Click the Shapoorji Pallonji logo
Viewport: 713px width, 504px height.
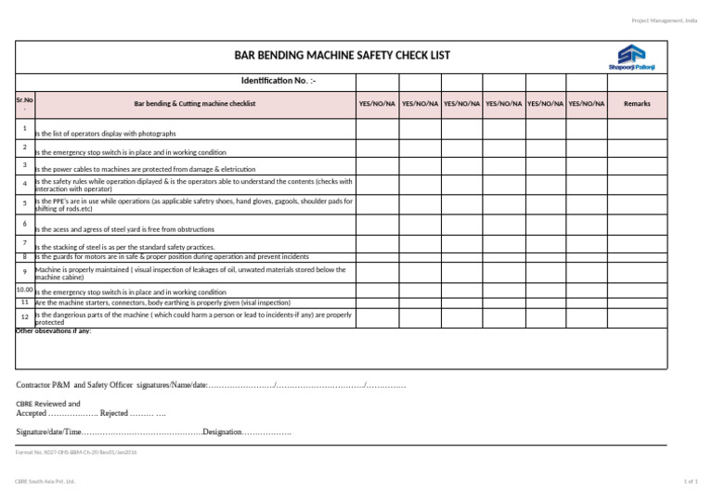tap(631, 56)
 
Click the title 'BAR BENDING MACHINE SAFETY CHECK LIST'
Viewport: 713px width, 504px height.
tap(343, 56)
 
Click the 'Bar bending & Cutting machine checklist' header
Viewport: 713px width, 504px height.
tap(195, 105)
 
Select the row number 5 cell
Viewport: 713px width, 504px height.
tap(25, 202)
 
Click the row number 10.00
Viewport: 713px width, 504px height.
tap(25, 290)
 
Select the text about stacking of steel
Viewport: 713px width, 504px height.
tap(125, 248)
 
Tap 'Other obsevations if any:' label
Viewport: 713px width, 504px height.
tap(54, 331)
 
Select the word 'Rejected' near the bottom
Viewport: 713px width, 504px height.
tap(113, 413)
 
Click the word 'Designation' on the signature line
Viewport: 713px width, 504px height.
tap(222, 433)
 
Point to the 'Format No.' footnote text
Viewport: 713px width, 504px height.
tap(76, 451)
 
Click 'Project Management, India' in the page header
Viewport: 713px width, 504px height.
tap(664, 19)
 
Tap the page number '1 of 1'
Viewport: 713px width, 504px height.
tap(689, 482)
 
